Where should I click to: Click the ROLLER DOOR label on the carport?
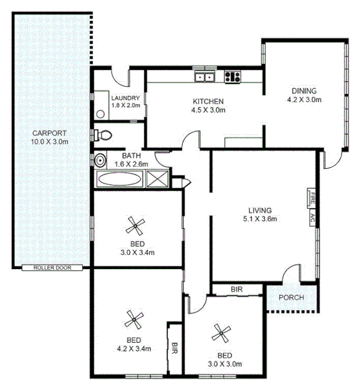click(52, 267)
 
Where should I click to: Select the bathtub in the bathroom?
click(120, 179)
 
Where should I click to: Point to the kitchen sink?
click(204, 76)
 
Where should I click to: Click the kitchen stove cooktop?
click(232, 76)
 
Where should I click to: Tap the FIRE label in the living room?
click(312, 199)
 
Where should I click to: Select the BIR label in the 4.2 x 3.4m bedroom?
click(174, 348)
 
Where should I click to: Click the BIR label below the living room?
click(237, 290)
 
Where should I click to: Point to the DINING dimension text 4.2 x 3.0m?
click(304, 99)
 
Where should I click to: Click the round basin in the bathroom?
click(101, 160)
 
